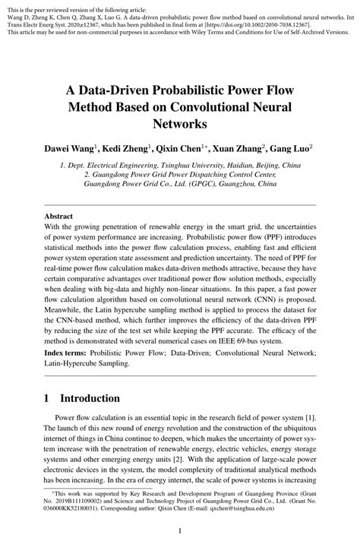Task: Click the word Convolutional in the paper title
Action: (242, 106)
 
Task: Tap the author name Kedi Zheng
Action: (133, 147)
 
